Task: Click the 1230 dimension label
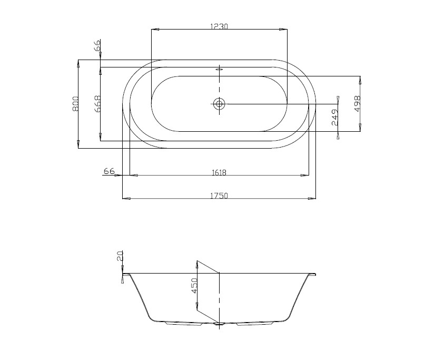click(x=219, y=26)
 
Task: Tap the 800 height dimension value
click(x=75, y=104)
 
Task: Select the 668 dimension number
click(x=97, y=104)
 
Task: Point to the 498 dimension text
click(x=357, y=103)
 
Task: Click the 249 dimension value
click(x=335, y=117)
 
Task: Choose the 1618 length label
click(x=219, y=173)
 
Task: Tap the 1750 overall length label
click(x=219, y=196)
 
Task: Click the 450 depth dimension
click(x=194, y=285)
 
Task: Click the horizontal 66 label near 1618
click(x=109, y=171)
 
